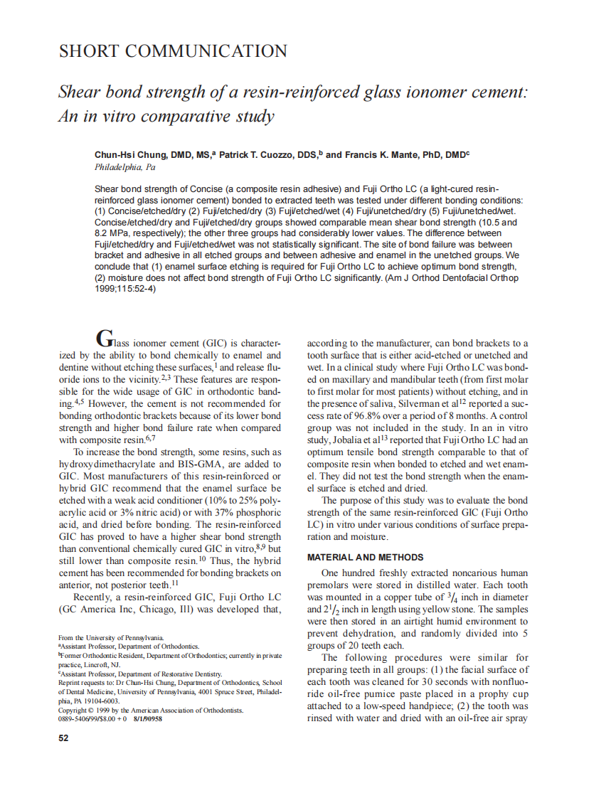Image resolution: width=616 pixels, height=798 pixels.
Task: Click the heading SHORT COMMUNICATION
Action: click(173, 52)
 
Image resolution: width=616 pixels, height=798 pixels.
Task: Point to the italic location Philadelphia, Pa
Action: click(124, 168)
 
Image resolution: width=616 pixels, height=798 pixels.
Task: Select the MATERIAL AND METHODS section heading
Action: click(365, 558)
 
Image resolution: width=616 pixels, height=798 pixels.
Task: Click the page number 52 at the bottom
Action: click(63, 738)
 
